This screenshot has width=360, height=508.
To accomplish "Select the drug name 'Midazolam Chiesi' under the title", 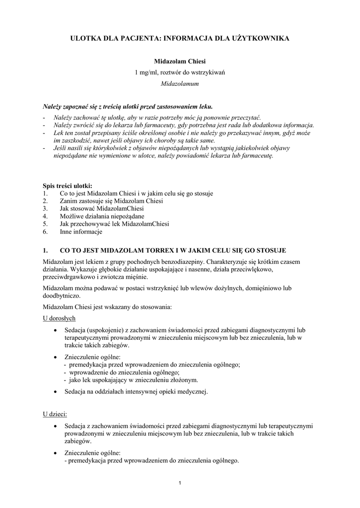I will tap(180, 62).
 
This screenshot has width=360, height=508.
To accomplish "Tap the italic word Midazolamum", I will tap(180, 84).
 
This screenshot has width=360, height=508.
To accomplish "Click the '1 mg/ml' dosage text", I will tap(145, 73).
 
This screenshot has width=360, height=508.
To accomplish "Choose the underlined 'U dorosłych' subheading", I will tap(59, 318).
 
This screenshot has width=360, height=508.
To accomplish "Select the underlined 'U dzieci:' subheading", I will tap(55, 414).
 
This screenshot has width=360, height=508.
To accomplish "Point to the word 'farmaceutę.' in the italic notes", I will tap(258, 155).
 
